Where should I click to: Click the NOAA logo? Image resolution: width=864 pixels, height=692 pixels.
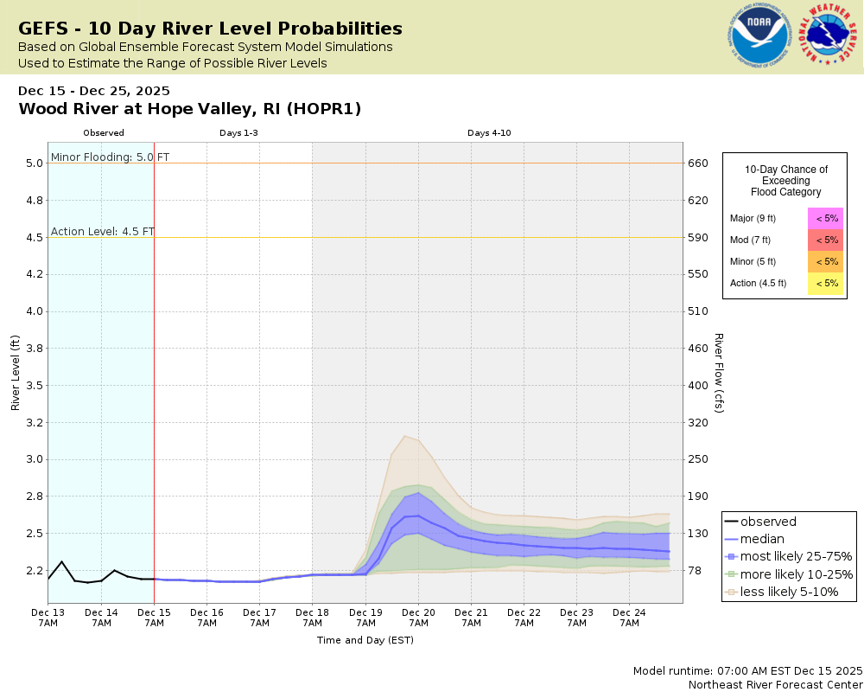pos(760,36)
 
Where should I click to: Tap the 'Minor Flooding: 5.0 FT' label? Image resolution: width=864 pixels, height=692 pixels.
pos(110,157)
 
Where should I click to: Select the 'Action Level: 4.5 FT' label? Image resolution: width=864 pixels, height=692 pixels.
pos(103,231)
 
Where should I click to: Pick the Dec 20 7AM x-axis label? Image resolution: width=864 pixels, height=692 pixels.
pos(418,618)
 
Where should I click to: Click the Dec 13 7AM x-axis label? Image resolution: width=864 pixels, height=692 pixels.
pos(48,618)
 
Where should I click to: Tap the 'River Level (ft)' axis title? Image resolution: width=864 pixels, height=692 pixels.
pos(15,373)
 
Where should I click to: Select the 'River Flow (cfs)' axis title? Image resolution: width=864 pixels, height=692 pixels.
pos(718,373)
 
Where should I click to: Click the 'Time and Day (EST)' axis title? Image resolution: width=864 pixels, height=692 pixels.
pos(365,640)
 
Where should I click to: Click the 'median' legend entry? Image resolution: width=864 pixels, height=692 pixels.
pos(762,539)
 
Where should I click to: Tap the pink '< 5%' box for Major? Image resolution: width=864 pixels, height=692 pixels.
pos(826,218)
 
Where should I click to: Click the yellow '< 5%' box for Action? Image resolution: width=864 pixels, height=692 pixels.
pos(826,283)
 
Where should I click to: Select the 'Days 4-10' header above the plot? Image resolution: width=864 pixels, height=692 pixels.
pos(489,133)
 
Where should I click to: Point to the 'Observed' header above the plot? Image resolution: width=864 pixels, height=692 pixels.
pos(104,133)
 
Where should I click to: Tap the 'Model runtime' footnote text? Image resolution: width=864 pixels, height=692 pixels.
pos(747,670)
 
